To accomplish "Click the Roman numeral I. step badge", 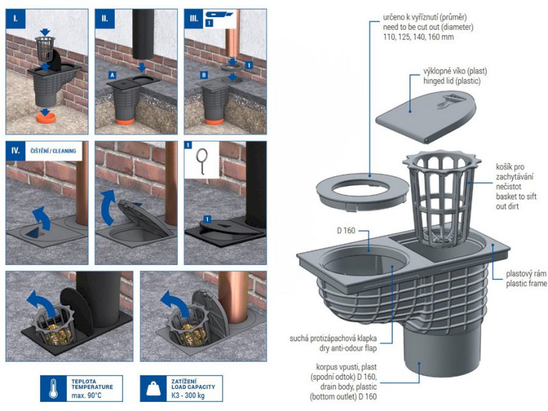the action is tap(16, 18).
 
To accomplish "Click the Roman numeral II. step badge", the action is tap(105, 18).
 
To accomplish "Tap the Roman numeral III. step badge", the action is tap(194, 18).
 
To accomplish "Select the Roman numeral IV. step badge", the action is tap(16, 150).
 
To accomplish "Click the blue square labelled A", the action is tap(112, 75).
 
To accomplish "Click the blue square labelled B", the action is tap(204, 75).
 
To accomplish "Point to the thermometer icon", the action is tap(53, 388).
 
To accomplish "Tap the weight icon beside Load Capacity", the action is tap(153, 388).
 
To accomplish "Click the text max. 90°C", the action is tap(86, 396).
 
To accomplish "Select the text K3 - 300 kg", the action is tap(188, 396).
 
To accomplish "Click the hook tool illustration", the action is tap(202, 160).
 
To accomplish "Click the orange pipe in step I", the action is tap(46, 118).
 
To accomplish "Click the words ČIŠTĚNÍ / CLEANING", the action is tap(53, 151).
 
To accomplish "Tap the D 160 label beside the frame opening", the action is tap(346, 231).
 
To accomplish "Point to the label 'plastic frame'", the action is tap(526, 283).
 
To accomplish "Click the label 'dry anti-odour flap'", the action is tap(348, 348).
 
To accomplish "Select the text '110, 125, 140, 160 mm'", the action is tap(418, 37).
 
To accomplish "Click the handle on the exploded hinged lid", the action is tap(448, 100).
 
